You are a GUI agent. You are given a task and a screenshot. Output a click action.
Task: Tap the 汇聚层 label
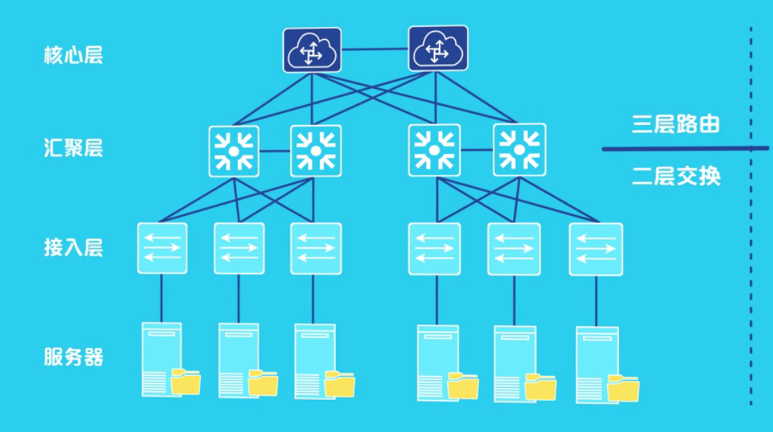74,148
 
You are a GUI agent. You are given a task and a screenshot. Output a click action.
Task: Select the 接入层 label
74,247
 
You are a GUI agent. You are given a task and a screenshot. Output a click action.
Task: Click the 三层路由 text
676,124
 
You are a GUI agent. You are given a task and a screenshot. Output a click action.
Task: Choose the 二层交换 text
676,176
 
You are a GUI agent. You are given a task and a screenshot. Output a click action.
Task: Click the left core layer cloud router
312,50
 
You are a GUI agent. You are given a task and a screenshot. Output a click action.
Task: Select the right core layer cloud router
438,48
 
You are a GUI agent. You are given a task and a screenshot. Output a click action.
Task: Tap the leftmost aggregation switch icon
234,151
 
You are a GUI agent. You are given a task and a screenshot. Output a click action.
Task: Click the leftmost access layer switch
162,249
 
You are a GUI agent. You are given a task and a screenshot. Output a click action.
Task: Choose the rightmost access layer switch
596,249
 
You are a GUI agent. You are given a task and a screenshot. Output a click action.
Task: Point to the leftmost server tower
160,355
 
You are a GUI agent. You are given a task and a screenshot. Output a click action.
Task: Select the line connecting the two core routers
375,50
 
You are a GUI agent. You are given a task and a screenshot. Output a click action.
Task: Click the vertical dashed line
751,284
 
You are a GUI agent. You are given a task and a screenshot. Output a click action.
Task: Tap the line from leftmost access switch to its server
161,298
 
